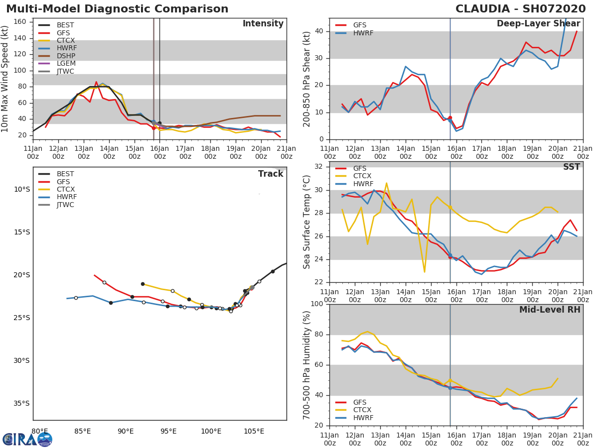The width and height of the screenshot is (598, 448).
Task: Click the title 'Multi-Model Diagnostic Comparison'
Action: coord(117,9)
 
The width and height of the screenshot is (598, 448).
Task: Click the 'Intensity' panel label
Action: coord(263,24)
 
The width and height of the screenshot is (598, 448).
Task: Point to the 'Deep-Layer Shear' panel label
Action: coord(538,24)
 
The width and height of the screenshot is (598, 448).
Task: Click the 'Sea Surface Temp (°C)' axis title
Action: coord(307,222)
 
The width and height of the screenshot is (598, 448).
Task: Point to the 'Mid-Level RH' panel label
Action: coord(550,310)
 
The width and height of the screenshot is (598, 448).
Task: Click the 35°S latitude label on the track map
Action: coord(22,403)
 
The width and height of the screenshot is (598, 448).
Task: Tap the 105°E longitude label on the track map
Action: coord(254,432)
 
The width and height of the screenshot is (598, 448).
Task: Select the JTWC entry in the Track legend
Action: coord(65,205)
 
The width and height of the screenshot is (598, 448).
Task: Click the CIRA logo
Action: coord(27,439)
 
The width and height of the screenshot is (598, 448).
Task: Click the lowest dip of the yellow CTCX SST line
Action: coord(424,272)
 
